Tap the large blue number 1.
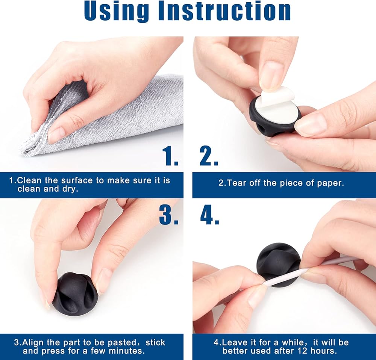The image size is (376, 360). coord(170,156)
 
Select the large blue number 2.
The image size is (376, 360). coord(209,156)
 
